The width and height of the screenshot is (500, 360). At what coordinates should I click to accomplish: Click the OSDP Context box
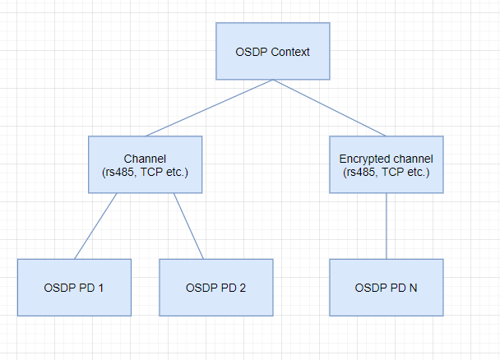tap(272, 51)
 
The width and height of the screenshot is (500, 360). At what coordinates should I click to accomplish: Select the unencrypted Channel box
tap(145, 164)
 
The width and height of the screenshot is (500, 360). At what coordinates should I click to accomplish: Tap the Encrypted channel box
tap(387, 164)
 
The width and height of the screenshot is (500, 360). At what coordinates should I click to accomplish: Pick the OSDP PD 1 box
tap(74, 288)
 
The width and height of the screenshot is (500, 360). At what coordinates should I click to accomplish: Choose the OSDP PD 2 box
tap(215, 288)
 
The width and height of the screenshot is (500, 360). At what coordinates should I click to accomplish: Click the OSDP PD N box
tap(387, 288)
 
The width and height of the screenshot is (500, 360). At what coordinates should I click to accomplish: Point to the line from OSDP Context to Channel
tap(210, 108)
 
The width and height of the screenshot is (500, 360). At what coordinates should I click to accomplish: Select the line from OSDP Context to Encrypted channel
tap(329, 108)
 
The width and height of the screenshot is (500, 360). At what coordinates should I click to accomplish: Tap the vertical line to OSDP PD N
tap(387, 226)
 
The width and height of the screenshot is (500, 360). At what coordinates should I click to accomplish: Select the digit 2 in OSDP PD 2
tap(243, 288)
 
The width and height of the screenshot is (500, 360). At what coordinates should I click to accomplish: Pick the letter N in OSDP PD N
tap(414, 288)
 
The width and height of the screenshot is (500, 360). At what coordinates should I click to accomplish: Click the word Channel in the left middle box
tap(145, 158)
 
